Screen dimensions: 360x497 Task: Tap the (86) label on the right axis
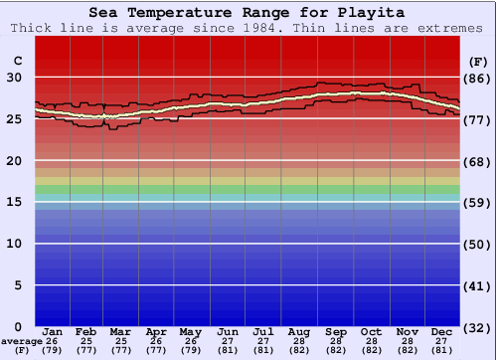click(x=477, y=78)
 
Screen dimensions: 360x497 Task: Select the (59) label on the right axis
click(x=477, y=202)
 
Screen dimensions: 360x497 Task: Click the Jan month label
click(x=53, y=331)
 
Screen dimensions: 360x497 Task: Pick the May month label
click(x=190, y=331)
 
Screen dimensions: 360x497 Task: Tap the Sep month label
click(x=336, y=331)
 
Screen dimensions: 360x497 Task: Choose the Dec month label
click(x=442, y=331)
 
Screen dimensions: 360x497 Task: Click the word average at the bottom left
click(x=21, y=341)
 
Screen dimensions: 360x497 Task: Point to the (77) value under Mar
click(x=121, y=351)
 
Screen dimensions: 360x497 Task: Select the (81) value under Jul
click(x=263, y=351)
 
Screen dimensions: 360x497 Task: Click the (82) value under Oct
click(x=372, y=351)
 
